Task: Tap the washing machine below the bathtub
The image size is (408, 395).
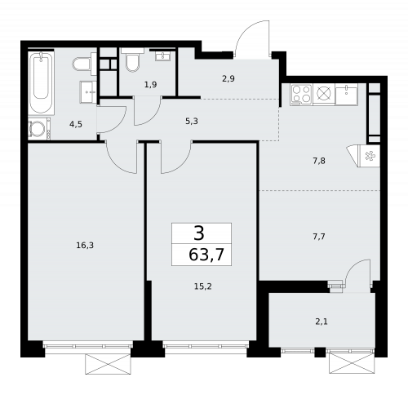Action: [38, 129]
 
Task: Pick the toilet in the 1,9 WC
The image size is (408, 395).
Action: [132, 62]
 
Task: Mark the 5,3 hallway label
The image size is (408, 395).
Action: [191, 120]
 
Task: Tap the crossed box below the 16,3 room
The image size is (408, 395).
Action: [108, 364]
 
